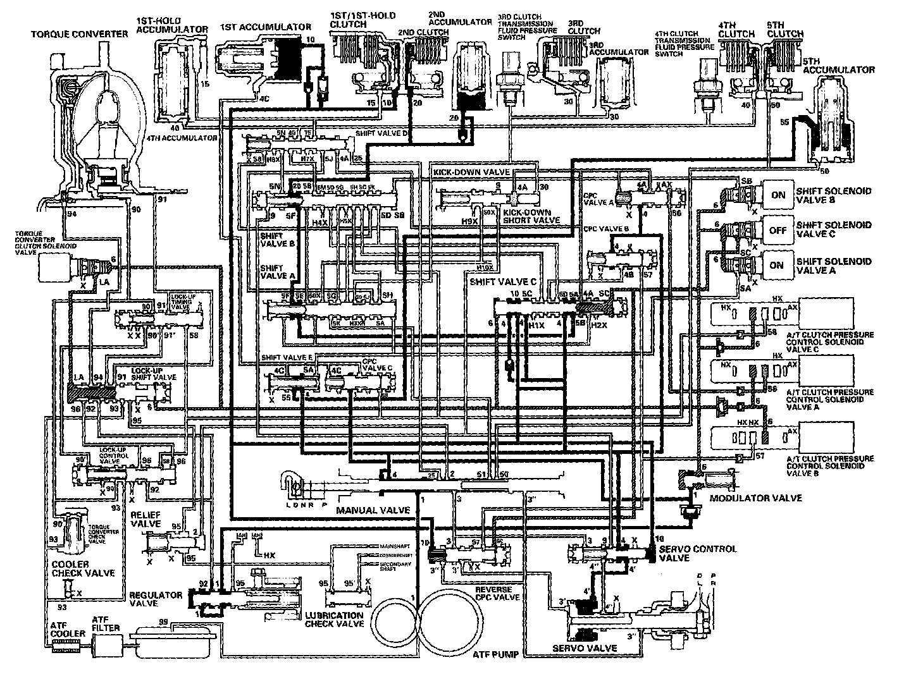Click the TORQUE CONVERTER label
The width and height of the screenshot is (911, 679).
tap(80, 34)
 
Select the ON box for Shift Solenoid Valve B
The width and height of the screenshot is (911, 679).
tap(778, 195)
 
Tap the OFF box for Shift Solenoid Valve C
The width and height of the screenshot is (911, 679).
tap(778, 230)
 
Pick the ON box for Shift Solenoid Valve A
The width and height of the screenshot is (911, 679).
tap(778, 266)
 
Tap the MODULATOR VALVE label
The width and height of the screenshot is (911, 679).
tap(756, 498)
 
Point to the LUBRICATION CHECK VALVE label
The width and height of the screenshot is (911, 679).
tap(334, 619)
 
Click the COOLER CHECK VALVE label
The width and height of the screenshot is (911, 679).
tap(82, 568)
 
